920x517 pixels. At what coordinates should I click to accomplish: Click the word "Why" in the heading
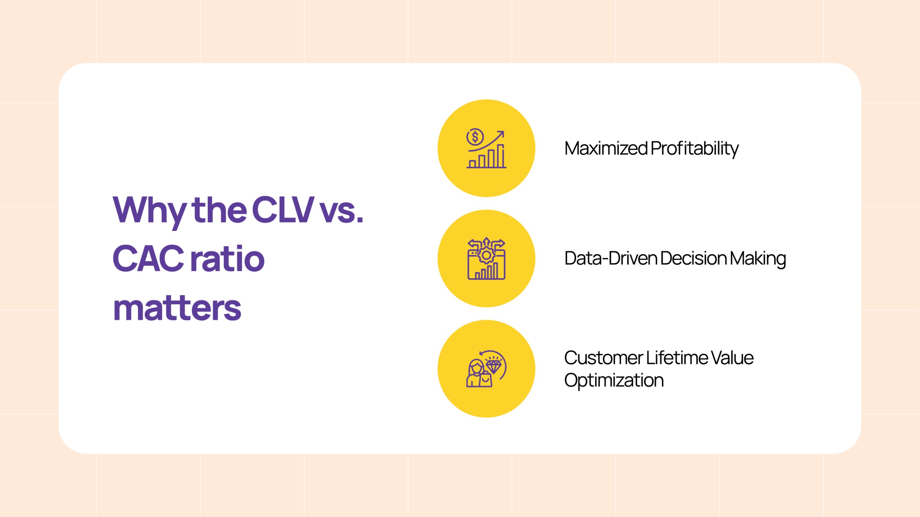point(149,212)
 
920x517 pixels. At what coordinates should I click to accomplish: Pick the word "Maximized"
point(606,148)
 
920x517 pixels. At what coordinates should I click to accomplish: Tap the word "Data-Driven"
point(611,258)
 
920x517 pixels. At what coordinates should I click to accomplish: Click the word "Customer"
point(603,358)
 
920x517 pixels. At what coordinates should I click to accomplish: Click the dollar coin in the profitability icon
point(475,137)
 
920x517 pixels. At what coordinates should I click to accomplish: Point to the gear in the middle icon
point(486,255)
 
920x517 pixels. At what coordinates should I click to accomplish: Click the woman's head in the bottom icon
point(476,367)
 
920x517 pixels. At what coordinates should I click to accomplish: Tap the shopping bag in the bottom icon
point(485,380)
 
